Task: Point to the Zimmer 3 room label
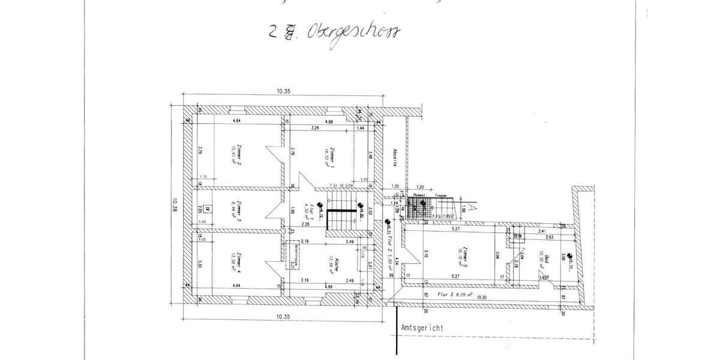(x=238, y=210)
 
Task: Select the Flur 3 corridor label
(x=458, y=295)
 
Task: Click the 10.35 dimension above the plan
(x=284, y=92)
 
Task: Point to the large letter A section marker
(x=472, y=206)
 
